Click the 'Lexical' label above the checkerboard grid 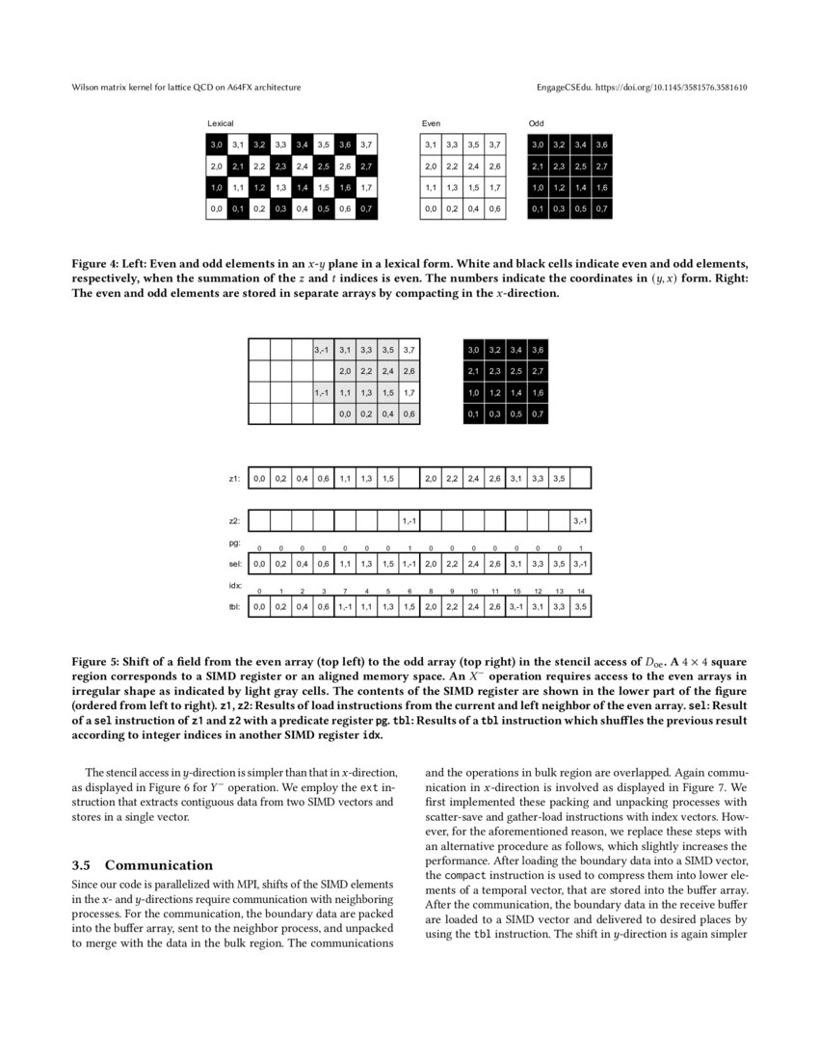pos(221,124)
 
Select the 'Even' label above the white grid pos(431,124)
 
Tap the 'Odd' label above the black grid pos(537,124)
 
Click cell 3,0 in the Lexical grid pos(217,145)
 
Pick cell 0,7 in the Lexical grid pos(366,208)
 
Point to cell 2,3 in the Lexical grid pos(280,166)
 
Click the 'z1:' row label pos(234,478)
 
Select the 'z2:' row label pos(234,520)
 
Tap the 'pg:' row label pos(234,543)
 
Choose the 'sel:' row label pos(234,564)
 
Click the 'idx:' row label pos(234,585)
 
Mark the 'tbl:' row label pos(234,607)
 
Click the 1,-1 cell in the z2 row pos(409,520)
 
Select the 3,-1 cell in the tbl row pos(516,607)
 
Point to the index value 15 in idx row pos(516,591)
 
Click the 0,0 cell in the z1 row pos(259,478)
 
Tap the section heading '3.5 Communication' pos(143,864)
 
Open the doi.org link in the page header pos(673,88)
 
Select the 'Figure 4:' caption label pos(95,262)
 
